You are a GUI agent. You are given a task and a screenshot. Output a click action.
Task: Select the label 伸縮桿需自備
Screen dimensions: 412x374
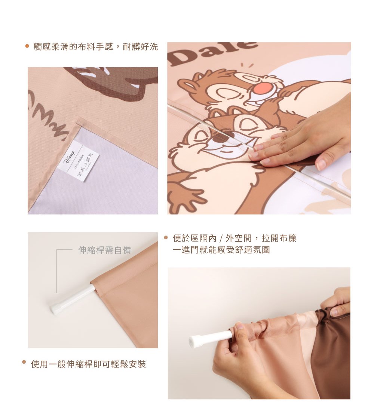(105, 250)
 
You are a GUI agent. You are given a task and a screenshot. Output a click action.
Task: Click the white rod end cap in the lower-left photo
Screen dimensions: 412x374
(55, 309)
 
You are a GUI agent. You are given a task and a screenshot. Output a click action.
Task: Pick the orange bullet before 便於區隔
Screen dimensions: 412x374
(166, 237)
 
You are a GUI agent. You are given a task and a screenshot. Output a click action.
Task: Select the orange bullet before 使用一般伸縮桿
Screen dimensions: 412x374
(24, 362)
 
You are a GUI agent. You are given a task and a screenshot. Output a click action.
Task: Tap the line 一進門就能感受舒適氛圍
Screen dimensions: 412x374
(221, 250)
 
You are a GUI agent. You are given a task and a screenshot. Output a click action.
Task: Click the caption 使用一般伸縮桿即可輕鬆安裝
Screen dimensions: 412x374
(88, 364)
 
